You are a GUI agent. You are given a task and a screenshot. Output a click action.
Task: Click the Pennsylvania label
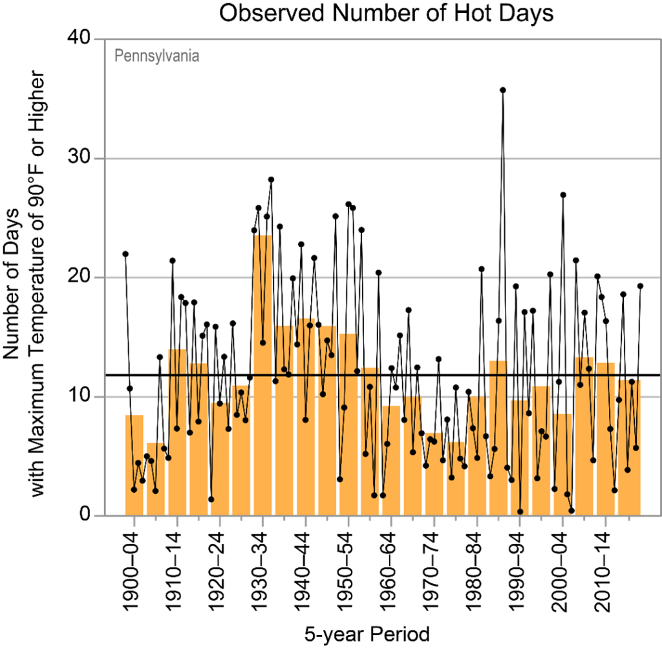(x=156, y=56)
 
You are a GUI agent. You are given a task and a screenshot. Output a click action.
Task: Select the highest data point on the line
(x=502, y=90)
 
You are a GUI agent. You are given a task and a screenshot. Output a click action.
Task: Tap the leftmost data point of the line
(x=125, y=254)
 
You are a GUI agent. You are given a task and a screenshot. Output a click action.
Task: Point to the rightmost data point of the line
(x=640, y=285)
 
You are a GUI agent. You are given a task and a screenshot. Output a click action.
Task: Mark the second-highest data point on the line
(x=271, y=179)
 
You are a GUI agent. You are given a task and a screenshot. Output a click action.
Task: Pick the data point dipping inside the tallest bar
(x=262, y=342)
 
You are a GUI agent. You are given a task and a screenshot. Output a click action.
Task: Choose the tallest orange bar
(x=262, y=375)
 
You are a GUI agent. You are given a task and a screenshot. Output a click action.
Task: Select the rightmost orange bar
(x=629, y=447)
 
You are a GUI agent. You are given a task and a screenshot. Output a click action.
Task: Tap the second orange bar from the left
(x=155, y=479)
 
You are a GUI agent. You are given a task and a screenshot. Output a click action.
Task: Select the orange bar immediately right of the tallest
(x=284, y=421)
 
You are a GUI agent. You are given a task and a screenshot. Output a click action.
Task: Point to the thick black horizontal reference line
(x=381, y=375)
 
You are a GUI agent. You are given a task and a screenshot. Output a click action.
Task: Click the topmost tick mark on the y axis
(x=98, y=39)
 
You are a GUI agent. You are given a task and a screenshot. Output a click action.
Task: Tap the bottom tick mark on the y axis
(x=98, y=516)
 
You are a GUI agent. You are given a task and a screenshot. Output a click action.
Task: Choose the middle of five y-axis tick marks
(x=98, y=278)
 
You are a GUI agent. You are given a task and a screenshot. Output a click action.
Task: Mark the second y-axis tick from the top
(x=98, y=159)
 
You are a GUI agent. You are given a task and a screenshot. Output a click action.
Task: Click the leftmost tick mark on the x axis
(x=134, y=522)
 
